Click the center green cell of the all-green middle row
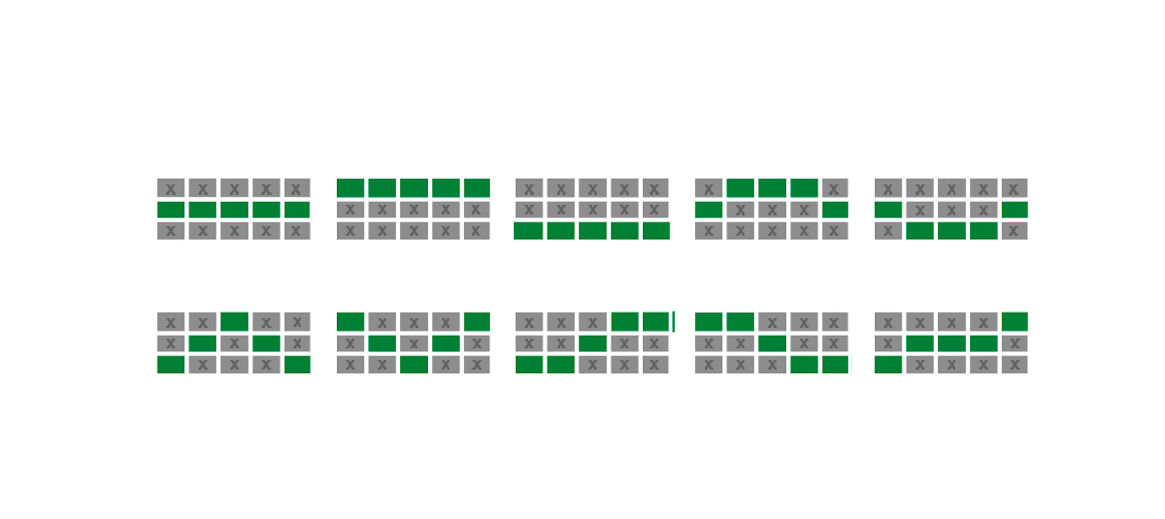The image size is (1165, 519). coord(234,210)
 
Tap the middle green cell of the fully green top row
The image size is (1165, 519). coord(414,188)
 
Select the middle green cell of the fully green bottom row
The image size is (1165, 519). coord(593,231)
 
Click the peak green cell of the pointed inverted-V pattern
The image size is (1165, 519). coord(234,321)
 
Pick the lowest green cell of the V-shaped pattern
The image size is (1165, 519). coord(414,364)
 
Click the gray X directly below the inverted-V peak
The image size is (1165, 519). coord(234,343)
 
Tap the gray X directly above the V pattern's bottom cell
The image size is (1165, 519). coord(414,343)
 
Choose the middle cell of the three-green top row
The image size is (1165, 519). coord(772,188)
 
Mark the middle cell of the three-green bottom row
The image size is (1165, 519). coord(951,231)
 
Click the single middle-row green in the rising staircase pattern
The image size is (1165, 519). coord(593,343)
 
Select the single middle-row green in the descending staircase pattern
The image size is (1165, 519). coord(772,343)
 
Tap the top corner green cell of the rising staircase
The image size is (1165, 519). coord(656,321)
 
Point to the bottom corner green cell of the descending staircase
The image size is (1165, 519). coord(835,364)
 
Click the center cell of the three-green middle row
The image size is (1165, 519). coord(951,343)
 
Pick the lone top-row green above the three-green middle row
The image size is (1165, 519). coord(1015,321)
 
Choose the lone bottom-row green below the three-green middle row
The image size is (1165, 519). coord(888,364)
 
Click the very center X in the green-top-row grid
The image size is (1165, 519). coord(414,210)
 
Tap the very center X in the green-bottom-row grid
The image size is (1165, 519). coord(593,210)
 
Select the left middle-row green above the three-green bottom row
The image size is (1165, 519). coord(888,210)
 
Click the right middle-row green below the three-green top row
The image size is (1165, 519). coord(835,210)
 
